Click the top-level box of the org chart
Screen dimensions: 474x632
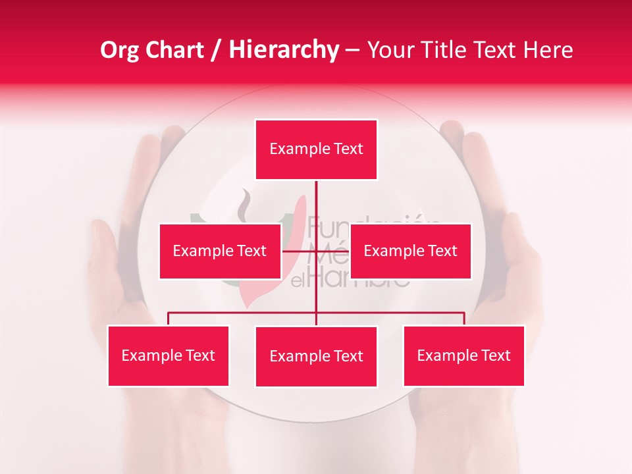(x=316, y=149)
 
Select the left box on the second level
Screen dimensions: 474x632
(x=220, y=251)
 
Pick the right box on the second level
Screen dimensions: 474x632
(x=410, y=251)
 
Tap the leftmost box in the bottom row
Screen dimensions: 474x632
(x=169, y=356)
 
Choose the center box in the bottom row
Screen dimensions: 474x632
(x=316, y=357)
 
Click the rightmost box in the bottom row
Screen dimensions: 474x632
(x=463, y=356)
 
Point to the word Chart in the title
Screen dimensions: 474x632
(x=173, y=50)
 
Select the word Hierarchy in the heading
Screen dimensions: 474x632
(x=283, y=50)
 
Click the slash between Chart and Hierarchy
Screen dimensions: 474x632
(x=215, y=50)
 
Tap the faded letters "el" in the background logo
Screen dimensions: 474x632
(x=299, y=282)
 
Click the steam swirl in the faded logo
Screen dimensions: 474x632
(x=246, y=204)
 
